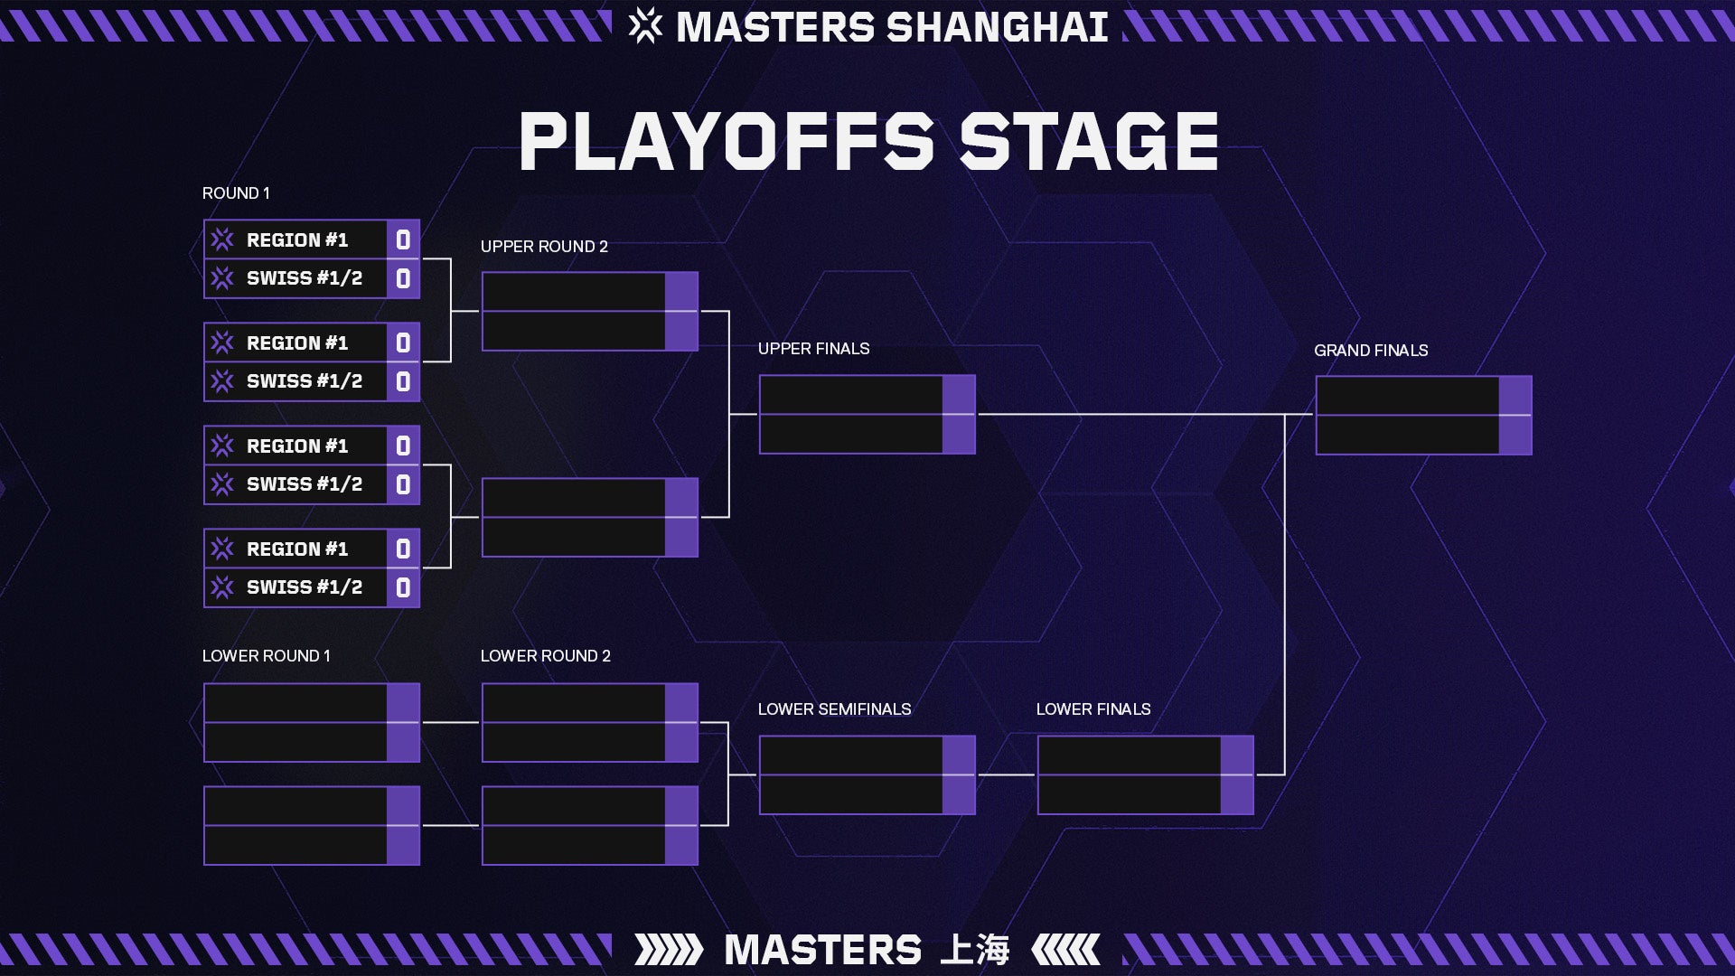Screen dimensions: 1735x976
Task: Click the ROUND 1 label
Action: pyautogui.click(x=236, y=193)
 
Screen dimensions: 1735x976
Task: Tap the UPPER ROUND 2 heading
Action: pyautogui.click(x=544, y=247)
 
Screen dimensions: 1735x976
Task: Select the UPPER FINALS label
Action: pyautogui.click(x=813, y=349)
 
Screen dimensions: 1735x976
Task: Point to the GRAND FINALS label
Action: pyautogui.click(x=1371, y=351)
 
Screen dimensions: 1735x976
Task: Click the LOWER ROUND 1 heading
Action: pyautogui.click(x=267, y=656)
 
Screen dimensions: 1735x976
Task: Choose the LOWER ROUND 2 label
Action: pyautogui.click(x=546, y=656)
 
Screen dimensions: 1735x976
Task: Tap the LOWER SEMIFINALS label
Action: pyautogui.click(x=834, y=709)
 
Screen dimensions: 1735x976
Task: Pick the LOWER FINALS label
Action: pyautogui.click(x=1093, y=709)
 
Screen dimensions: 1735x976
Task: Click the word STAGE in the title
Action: pyautogui.click(x=1089, y=142)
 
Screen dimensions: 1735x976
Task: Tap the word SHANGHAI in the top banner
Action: pyautogui.click(x=998, y=27)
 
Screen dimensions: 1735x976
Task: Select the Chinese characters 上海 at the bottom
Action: pyautogui.click(x=974, y=950)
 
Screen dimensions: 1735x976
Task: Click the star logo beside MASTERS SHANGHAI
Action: pyautogui.click(x=645, y=25)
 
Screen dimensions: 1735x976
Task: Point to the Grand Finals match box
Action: pyautogui.click(x=1423, y=416)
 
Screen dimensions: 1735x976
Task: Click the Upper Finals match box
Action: pyautogui.click(x=867, y=414)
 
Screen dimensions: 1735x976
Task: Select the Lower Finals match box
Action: pyautogui.click(x=1145, y=775)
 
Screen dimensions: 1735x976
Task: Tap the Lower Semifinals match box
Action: pyautogui.click(x=867, y=775)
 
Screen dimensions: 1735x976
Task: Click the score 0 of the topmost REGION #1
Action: pyautogui.click(x=403, y=239)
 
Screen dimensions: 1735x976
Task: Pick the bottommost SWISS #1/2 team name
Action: pyautogui.click(x=305, y=587)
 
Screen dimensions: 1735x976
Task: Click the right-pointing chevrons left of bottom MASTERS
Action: pyautogui.click(x=669, y=950)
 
